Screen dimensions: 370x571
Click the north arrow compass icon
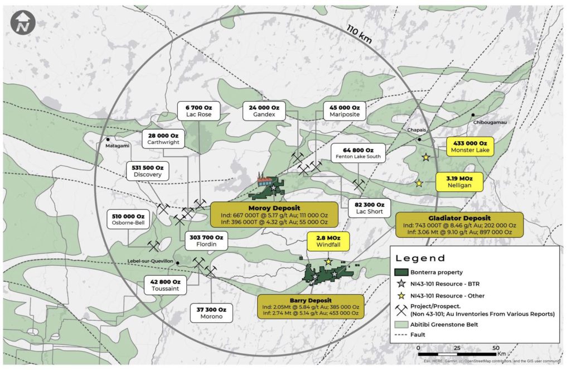click(x=23, y=22)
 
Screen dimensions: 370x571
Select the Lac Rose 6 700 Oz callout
click(x=198, y=112)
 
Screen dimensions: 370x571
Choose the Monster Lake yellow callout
click(x=469, y=147)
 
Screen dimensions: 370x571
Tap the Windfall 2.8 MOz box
click(x=328, y=241)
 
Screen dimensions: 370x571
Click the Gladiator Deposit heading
click(x=459, y=218)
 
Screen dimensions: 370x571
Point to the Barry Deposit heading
click(x=311, y=300)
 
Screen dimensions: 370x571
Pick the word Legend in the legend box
click(x=420, y=258)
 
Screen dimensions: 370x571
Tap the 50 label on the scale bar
click(x=496, y=348)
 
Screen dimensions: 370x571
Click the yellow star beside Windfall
click(x=328, y=262)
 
